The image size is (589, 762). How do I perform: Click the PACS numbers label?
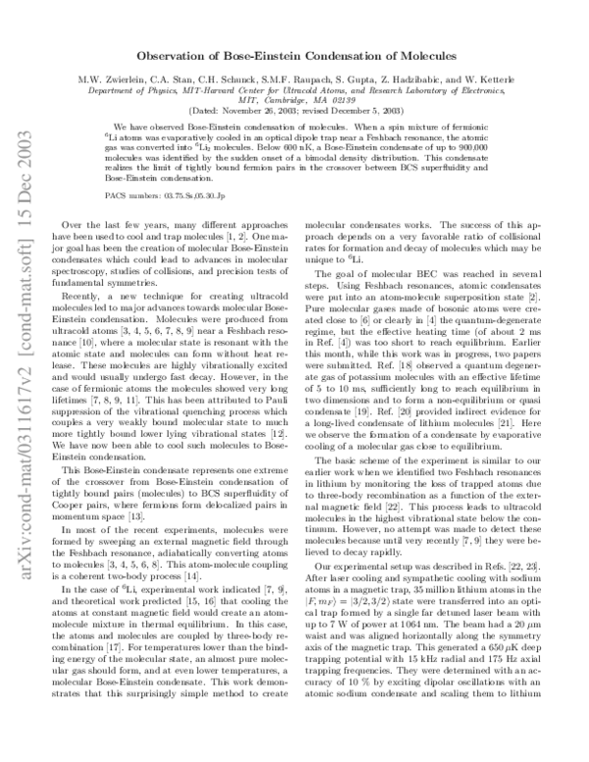(x=133, y=196)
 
